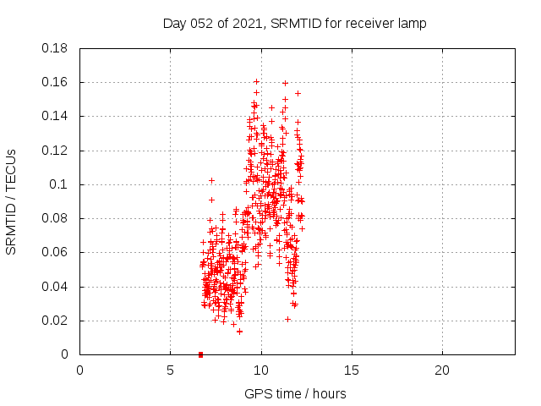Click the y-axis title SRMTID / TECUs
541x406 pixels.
[11, 201]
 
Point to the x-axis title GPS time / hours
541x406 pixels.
[295, 393]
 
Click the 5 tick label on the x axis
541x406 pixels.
[170, 370]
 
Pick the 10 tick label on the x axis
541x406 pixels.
[261, 370]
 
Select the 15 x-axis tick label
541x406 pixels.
[352, 370]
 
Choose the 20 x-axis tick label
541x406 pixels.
[442, 370]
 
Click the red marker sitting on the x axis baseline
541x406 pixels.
[200, 354]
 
